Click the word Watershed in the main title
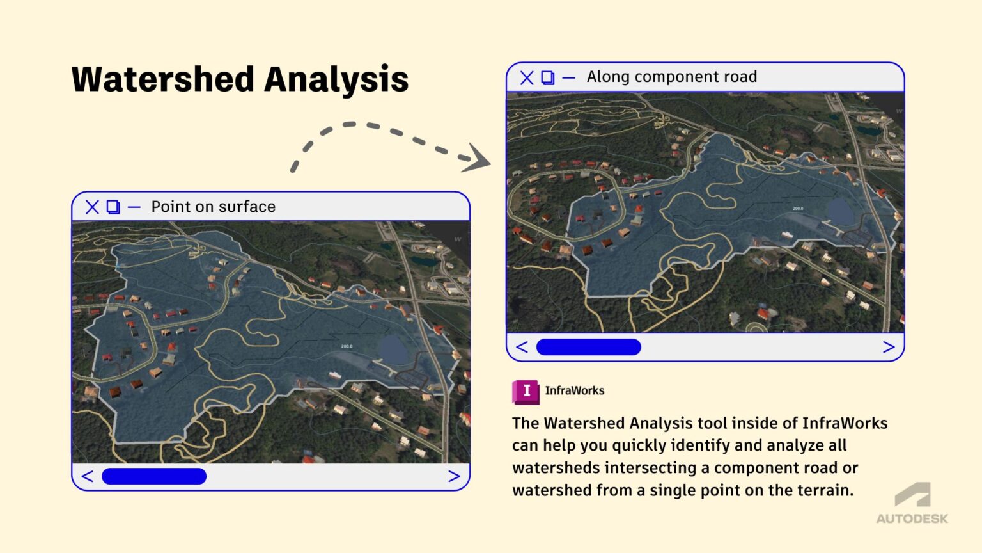(163, 79)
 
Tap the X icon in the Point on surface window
(92, 207)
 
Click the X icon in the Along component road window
(527, 77)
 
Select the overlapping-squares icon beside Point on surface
(113, 207)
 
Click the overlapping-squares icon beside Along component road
(548, 77)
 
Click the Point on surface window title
(213, 207)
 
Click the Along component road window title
(671, 77)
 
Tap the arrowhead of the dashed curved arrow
(477, 158)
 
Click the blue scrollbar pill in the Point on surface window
(154, 476)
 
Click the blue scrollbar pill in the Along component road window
(588, 347)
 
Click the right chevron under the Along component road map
(888, 347)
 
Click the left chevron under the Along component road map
(522, 347)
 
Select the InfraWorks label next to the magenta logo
(574, 390)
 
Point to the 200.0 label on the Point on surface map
(347, 346)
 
